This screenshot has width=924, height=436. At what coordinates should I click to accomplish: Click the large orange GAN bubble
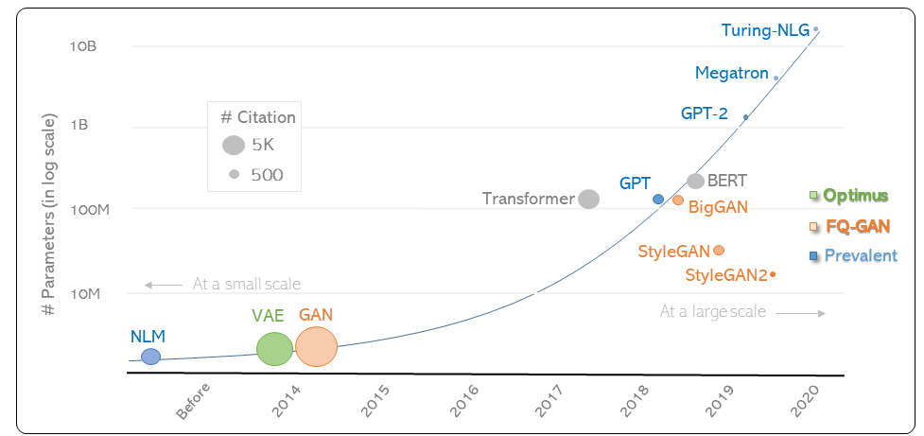(x=316, y=347)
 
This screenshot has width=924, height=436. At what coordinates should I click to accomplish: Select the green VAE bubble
(x=274, y=349)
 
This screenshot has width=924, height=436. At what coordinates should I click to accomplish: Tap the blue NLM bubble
(x=150, y=357)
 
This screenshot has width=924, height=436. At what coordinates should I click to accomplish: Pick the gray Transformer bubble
(x=588, y=199)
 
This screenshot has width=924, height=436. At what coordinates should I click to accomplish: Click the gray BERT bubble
(x=695, y=181)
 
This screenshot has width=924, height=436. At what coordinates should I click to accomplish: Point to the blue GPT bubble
(x=658, y=200)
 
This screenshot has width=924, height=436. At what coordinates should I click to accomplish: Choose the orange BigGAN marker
(x=678, y=201)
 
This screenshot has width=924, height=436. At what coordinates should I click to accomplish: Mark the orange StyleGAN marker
(x=719, y=251)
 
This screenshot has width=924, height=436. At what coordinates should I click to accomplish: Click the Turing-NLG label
(x=765, y=30)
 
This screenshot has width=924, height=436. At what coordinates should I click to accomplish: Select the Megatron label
(x=731, y=73)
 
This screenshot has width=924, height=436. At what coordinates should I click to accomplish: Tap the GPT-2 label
(x=704, y=113)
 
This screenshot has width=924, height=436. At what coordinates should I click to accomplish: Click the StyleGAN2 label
(x=725, y=275)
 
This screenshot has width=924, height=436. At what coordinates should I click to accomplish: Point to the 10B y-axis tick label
(x=83, y=45)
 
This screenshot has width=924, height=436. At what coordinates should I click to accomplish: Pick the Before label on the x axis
(x=193, y=404)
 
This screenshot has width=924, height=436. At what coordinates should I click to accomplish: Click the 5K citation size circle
(x=234, y=146)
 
